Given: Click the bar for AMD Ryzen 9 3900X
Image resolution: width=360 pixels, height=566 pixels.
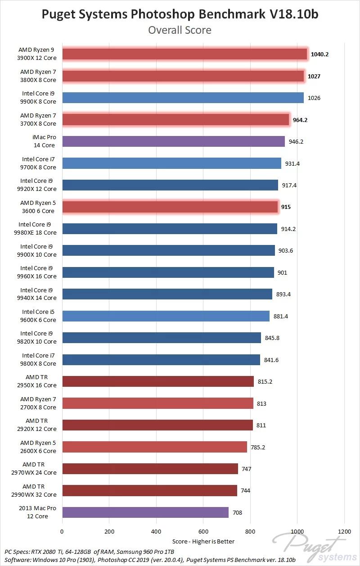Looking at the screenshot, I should tap(184, 54).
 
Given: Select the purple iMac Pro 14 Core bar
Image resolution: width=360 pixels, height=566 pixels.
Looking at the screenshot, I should tap(173, 141).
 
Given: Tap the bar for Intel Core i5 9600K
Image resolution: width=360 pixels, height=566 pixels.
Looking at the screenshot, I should tap(166, 316).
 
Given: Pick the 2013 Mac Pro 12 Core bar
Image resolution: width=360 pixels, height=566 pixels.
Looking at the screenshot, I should tap(145, 512).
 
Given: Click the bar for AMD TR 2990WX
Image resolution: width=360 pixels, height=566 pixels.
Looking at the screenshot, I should tap(149, 490).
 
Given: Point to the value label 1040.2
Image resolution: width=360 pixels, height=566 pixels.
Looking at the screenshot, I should tap(319, 54).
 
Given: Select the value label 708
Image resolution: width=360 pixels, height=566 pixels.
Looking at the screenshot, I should tap(237, 512).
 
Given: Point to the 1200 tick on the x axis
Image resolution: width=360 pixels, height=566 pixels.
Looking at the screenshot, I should tap(344, 531).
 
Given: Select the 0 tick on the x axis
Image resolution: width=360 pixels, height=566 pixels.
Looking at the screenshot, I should tap(62, 531).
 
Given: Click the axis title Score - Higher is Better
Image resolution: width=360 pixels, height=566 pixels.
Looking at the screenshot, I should tap(203, 541).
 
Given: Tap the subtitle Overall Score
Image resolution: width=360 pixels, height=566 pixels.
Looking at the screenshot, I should tap(180, 30).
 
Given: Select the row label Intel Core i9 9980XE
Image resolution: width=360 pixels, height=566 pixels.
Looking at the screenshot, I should tap(37, 228).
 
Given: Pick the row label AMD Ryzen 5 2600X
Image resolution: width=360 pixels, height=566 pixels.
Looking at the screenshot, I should tap(38, 447).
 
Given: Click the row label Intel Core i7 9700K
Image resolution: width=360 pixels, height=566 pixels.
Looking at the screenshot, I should tap(39, 163).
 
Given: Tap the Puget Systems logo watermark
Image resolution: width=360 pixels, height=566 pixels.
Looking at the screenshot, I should tap(310, 547).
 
